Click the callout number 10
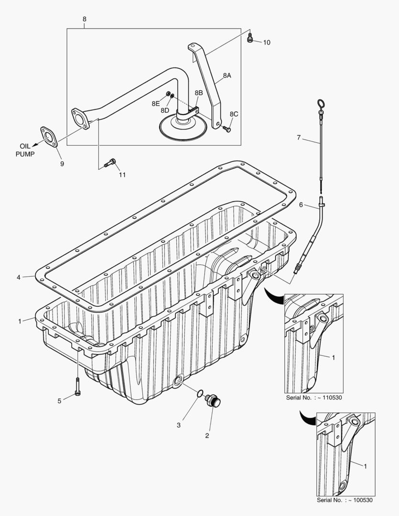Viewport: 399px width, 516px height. (x=267, y=43)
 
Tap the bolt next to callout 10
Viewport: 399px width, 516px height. (x=249, y=38)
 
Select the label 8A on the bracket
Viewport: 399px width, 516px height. (x=226, y=75)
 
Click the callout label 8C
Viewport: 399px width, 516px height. (x=234, y=114)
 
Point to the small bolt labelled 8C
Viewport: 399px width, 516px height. (x=227, y=129)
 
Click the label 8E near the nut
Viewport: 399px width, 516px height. (x=155, y=103)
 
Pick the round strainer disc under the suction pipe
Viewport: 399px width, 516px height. (x=183, y=128)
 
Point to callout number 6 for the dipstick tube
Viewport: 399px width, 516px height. (x=301, y=204)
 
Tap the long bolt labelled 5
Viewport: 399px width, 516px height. (x=77, y=386)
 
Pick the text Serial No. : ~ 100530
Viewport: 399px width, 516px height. (x=345, y=500)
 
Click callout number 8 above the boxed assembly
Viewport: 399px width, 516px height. (x=85, y=19)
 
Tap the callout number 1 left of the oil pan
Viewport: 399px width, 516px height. (x=20, y=321)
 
